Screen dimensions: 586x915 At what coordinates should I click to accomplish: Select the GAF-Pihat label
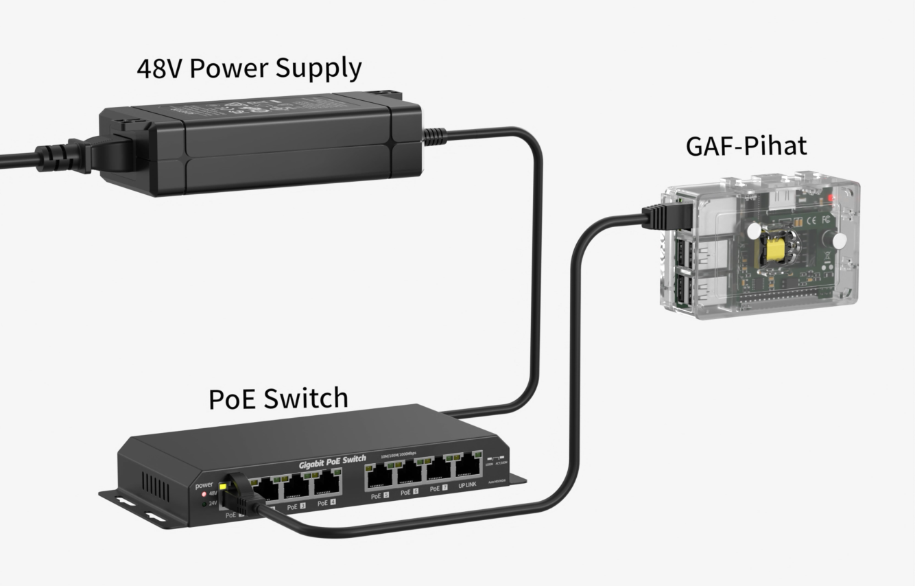pyautogui.click(x=746, y=145)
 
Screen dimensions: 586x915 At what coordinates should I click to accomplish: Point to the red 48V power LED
pyautogui.click(x=204, y=493)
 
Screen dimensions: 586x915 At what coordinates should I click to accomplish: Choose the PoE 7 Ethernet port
pyautogui.click(x=438, y=471)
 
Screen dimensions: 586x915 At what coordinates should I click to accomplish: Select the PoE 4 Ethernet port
pyautogui.click(x=326, y=485)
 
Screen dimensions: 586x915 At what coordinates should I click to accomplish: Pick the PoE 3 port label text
pyautogui.click(x=296, y=506)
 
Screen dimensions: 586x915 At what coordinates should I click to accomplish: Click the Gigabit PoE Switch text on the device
pyautogui.click(x=332, y=462)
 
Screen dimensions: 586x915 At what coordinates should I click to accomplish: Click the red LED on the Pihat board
pyautogui.click(x=831, y=198)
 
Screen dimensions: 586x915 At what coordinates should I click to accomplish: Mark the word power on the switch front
pyautogui.click(x=204, y=484)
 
